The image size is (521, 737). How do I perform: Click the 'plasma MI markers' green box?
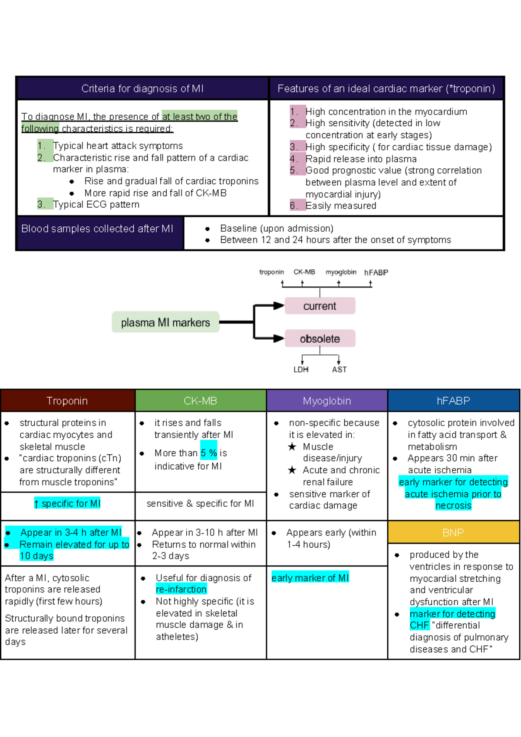165,322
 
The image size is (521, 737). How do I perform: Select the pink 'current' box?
320,306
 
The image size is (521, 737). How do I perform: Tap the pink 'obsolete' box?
320,339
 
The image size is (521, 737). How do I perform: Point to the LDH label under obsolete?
301,370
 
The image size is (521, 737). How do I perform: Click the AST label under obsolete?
339,370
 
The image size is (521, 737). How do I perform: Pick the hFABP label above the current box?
376,272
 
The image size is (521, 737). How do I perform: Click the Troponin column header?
67,401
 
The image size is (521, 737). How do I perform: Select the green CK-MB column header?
201,401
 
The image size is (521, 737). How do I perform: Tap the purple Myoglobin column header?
327,401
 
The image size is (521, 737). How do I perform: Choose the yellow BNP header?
453,533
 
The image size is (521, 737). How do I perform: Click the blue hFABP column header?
453,401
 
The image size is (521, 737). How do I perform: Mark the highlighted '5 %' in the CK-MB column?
209,453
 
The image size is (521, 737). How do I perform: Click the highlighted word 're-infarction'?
181,589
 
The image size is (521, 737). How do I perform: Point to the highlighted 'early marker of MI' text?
310,578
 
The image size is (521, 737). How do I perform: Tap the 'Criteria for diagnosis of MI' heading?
142,88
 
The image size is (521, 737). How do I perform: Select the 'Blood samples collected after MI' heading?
97,229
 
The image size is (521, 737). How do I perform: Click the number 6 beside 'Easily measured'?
294,206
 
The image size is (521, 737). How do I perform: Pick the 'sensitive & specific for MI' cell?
200,504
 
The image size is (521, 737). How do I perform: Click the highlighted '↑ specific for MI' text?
67,504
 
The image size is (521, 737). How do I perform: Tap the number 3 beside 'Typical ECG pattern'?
41,204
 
